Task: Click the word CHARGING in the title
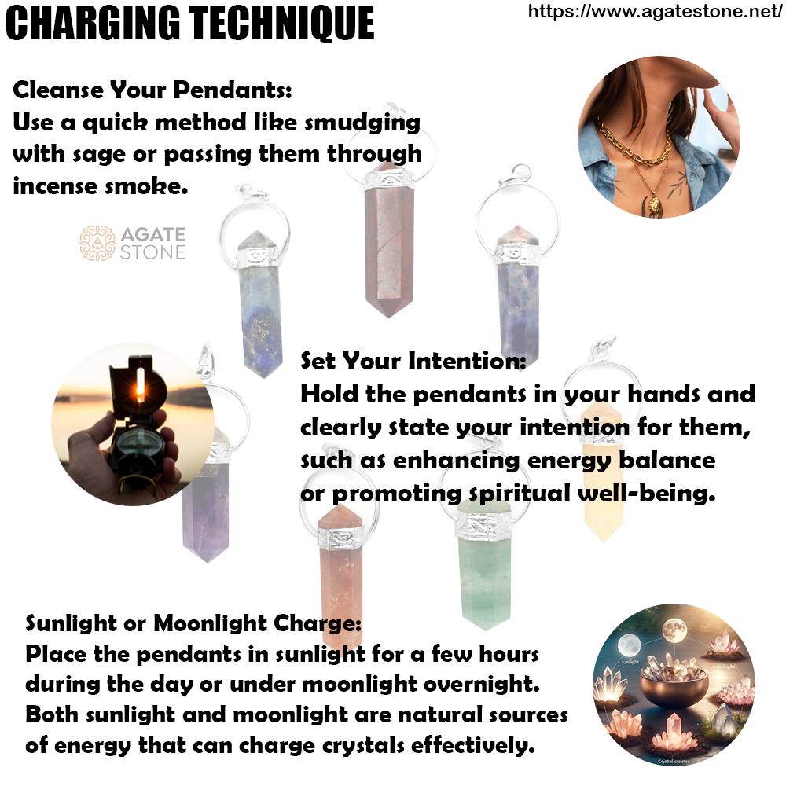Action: coord(93,23)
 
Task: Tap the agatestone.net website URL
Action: coord(656,11)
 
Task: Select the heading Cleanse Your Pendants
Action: coord(152,90)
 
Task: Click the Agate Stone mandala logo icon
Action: coord(97,243)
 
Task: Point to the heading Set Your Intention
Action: coord(413,361)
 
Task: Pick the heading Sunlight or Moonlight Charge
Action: coord(193,623)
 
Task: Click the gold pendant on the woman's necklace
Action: coord(654,204)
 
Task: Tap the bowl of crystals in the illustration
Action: coord(674,679)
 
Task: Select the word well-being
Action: coord(647,494)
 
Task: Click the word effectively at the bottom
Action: coord(474,745)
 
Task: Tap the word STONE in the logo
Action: coord(153,252)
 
